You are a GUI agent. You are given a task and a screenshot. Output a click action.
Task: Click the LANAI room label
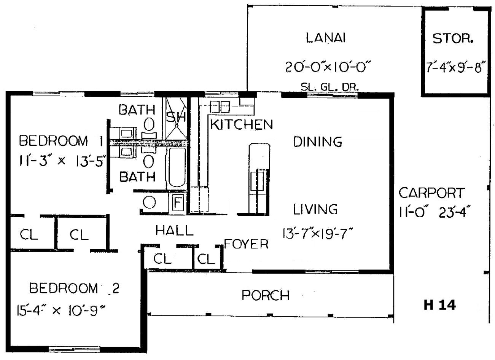[x=326, y=38]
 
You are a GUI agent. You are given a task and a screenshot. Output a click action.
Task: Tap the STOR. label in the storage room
[x=453, y=38]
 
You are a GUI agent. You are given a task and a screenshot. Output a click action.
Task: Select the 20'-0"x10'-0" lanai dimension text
[x=328, y=67]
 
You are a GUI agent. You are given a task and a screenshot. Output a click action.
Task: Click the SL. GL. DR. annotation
[x=330, y=87]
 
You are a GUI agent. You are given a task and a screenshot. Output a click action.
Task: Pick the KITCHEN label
[x=242, y=124]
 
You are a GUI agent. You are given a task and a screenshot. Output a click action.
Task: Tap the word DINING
[x=318, y=142]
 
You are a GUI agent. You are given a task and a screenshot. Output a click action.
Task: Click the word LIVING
[x=315, y=209]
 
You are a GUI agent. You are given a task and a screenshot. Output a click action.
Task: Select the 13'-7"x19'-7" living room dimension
[x=317, y=234]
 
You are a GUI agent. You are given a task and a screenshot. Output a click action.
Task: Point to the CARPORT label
[x=432, y=193]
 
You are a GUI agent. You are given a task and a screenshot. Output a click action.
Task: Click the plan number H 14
[x=440, y=305]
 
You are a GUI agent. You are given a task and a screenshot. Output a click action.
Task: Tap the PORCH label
[x=266, y=295]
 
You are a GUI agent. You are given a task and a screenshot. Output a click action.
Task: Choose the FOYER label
[x=247, y=244]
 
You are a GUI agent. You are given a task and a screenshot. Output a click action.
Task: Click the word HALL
[x=175, y=230]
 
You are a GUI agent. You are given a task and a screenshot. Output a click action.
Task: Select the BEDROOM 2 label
[x=74, y=288]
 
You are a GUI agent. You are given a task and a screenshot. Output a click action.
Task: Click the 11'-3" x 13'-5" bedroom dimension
[x=61, y=161]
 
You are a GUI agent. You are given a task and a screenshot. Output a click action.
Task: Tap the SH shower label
[x=176, y=117]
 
